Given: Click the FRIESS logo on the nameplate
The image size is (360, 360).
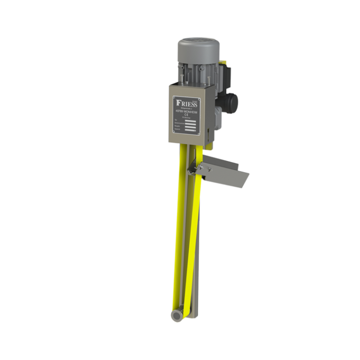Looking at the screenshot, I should point(185,101).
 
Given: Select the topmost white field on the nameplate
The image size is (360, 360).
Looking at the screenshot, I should point(191,123).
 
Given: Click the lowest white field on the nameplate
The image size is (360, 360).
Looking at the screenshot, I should point(191,133).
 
